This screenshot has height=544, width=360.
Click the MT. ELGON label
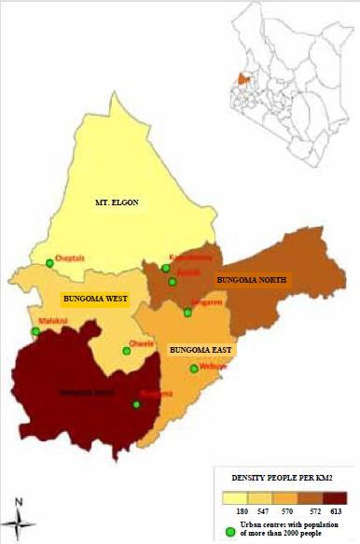117,202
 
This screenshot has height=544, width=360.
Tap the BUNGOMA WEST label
93,300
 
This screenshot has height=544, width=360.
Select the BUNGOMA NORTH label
252,279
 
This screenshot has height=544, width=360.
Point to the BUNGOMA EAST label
201,350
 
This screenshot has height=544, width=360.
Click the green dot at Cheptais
49,263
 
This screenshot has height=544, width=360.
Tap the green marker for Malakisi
35,331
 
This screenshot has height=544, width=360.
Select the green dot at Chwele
127,352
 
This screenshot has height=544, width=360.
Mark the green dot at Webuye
194,370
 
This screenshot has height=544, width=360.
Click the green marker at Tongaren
187,312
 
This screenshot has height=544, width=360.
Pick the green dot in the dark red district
136,404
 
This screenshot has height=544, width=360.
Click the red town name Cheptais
69,256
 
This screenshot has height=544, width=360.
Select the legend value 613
337,511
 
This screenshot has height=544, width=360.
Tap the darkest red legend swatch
335,497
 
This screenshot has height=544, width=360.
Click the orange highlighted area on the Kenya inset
245,79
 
